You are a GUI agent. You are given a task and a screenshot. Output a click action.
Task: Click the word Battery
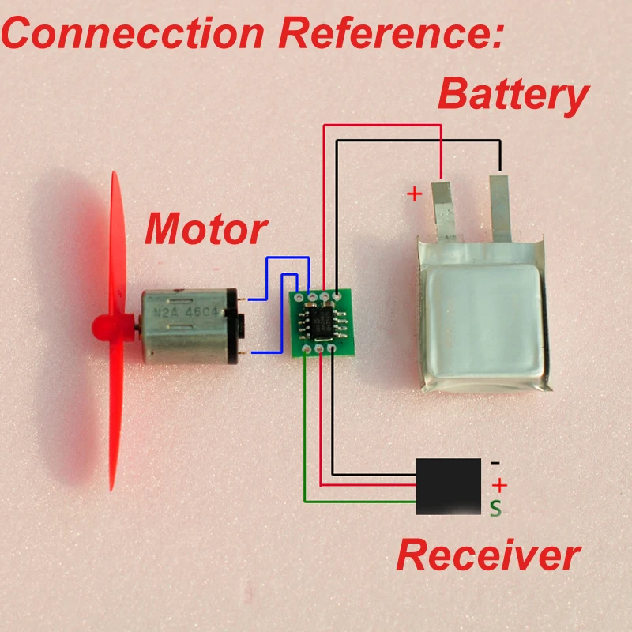click(513, 95)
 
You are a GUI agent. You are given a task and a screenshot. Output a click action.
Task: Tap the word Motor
click(205, 229)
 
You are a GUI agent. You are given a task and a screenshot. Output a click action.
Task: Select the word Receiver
click(488, 555)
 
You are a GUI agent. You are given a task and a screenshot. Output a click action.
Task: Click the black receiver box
click(449, 486)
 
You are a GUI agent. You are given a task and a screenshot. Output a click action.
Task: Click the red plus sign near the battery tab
click(414, 194)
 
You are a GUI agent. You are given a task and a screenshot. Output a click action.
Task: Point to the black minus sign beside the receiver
click(495, 462)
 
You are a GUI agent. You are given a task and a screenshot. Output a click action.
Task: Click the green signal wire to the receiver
click(305, 442)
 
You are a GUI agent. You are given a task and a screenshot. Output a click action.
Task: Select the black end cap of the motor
click(235, 325)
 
